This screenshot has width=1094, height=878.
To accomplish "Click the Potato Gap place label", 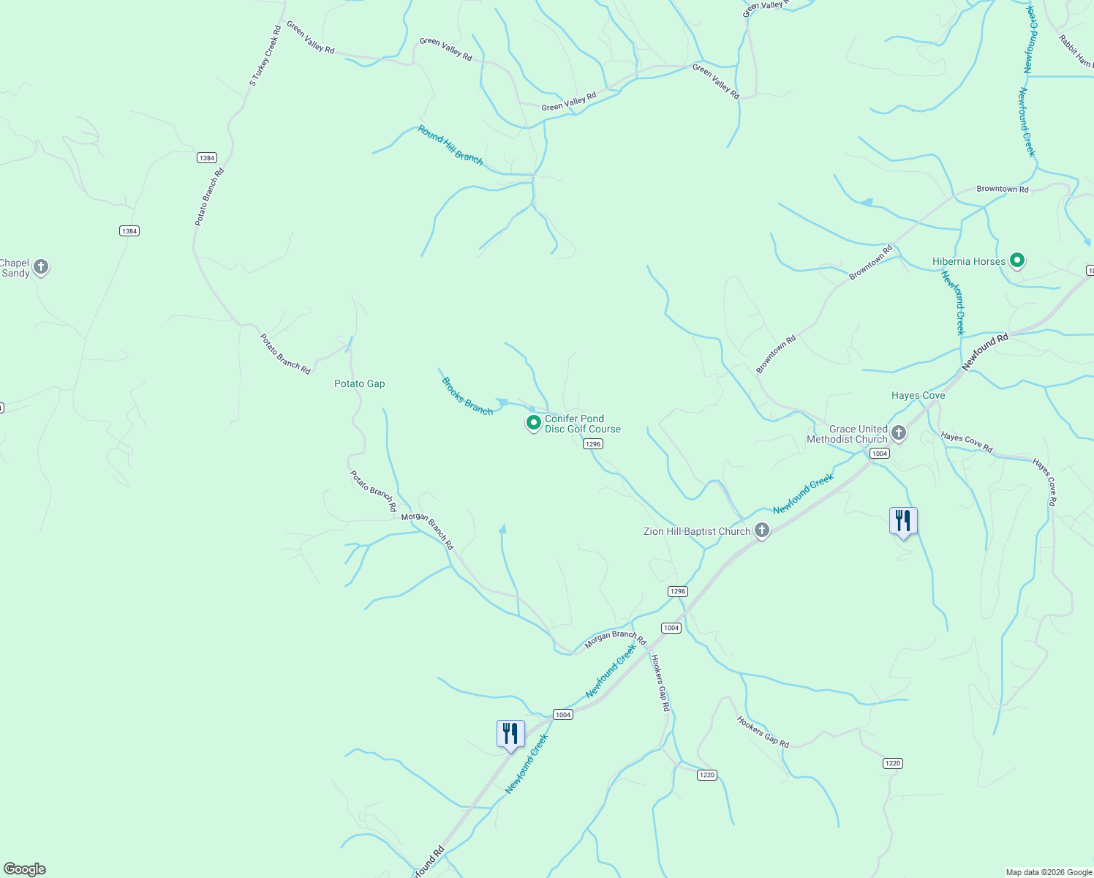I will tap(359, 383).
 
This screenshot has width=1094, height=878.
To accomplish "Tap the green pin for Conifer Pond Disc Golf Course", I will tap(534, 422).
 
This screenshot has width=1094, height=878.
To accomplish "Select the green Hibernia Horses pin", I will tap(1016, 260).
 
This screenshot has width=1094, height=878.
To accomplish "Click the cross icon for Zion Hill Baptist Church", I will tap(762, 530).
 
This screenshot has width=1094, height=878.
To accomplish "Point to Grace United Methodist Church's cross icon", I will tap(899, 433).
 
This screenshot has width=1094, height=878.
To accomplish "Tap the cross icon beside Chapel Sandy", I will tap(41, 267).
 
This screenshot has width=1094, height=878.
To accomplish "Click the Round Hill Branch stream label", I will tap(450, 145).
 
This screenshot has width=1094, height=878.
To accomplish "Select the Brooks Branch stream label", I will tap(467, 396).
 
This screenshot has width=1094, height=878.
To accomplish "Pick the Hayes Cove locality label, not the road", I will tap(918, 395).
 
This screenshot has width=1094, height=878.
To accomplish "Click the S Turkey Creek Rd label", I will tap(265, 56).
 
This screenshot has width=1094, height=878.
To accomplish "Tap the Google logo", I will tap(25, 869).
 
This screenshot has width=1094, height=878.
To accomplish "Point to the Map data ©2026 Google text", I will tap(1049, 872).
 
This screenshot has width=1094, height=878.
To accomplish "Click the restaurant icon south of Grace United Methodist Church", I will tap(903, 521).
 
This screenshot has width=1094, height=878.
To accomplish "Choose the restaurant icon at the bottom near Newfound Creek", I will tap(510, 734).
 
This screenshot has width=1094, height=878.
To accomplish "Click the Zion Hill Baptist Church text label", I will tap(697, 531).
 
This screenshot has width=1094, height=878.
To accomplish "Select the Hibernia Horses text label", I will tap(969, 261).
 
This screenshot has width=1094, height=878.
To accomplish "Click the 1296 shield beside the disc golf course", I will tap(592, 444).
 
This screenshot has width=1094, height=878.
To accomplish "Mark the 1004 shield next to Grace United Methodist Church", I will tap(879, 454).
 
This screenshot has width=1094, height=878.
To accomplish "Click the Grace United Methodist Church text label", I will tap(847, 434).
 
